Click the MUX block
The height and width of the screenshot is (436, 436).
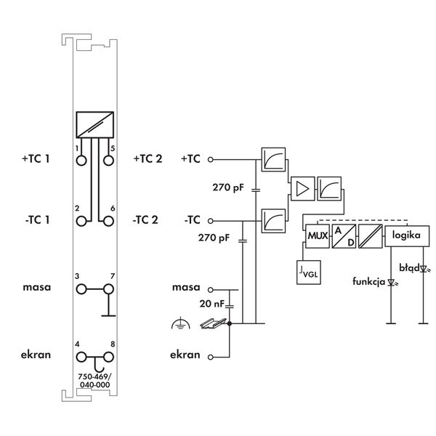point(317,237)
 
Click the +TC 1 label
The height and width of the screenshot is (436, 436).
point(36,158)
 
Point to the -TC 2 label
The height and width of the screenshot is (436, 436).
point(146,219)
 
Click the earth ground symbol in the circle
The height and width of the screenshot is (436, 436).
point(176,326)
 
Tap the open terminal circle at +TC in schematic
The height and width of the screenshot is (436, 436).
point(210,158)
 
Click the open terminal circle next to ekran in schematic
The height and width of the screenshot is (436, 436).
point(210,357)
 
